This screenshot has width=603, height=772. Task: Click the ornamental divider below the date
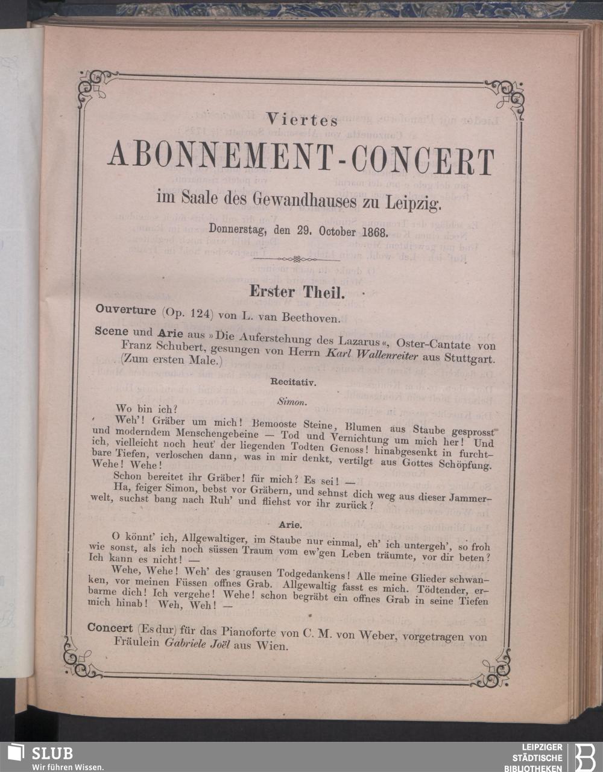pyautogui.click(x=295, y=259)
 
